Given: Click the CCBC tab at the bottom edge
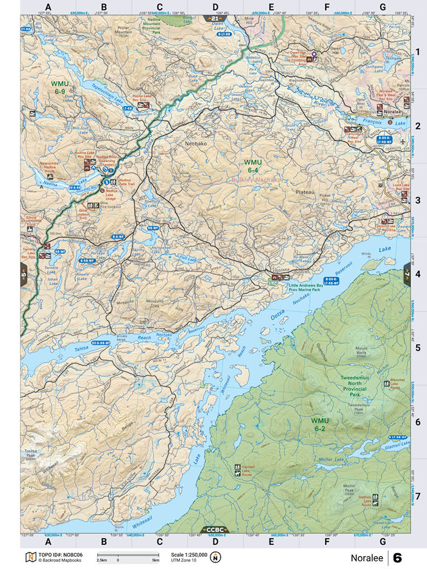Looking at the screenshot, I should pos(215,530).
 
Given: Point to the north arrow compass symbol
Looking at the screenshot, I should pos(220,557).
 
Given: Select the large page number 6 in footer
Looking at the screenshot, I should pos(397,557).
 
